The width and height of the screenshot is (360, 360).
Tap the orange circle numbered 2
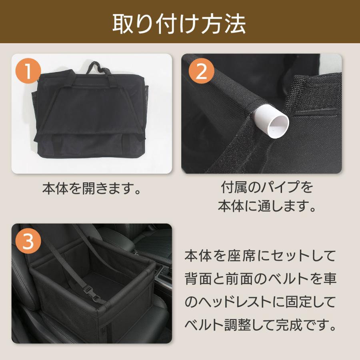point(202,72)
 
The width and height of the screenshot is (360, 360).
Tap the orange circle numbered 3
point(28,242)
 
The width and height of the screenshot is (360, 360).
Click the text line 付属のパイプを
point(267,187)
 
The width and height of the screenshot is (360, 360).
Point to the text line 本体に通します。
point(267,207)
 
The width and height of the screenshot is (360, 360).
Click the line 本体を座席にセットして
point(260,255)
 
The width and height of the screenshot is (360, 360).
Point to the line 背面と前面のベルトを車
point(260,279)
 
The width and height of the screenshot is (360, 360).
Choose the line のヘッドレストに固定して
point(260,302)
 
